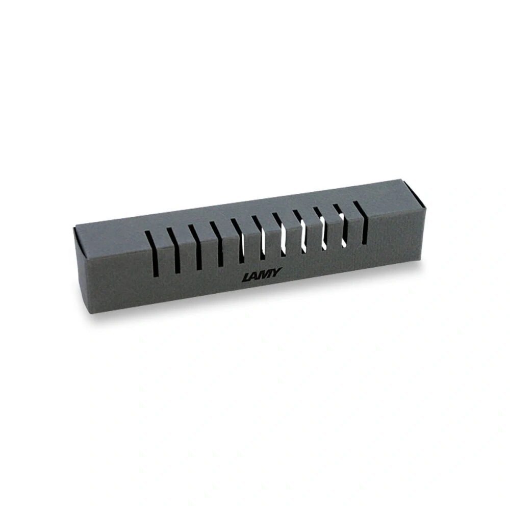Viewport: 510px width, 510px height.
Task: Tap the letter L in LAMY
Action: (246, 277)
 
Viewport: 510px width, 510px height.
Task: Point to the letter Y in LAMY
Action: (277, 272)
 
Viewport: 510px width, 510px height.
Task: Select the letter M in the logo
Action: (266, 274)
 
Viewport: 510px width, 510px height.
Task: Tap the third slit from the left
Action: (195, 247)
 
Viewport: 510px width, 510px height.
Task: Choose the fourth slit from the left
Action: (217, 244)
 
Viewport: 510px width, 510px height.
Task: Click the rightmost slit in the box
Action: (361, 222)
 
